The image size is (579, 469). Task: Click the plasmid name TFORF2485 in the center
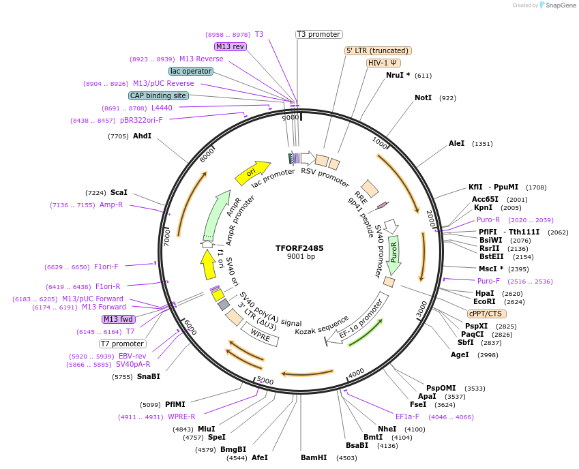coord(300,248)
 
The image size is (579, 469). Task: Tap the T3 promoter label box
coord(318,34)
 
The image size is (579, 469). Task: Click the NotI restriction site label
coord(423,98)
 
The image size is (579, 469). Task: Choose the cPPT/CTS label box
coord(487,314)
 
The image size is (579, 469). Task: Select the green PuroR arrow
coord(393,254)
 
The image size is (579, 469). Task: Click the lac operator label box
coord(190,71)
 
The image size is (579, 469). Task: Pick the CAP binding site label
coord(158,96)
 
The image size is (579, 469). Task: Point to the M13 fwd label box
coord(119,319)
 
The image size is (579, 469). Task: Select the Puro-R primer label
coord(488,220)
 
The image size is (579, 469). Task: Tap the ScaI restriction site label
coord(119,193)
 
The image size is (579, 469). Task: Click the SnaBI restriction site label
coord(149,376)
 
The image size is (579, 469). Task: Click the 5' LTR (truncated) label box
coord(378,50)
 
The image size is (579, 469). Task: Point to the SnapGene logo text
coord(561,5)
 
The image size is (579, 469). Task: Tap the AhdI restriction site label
coord(142,136)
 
